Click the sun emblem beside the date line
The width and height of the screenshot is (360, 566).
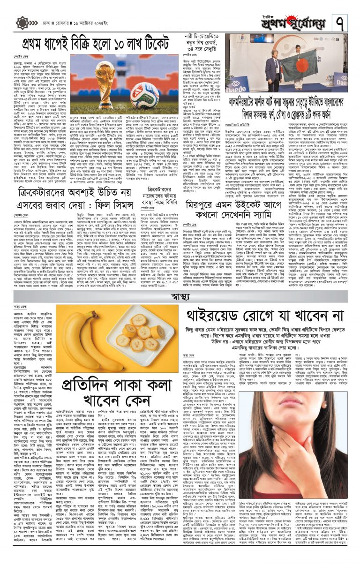(x=22, y=23)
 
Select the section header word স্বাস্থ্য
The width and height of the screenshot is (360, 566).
(x=180, y=296)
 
